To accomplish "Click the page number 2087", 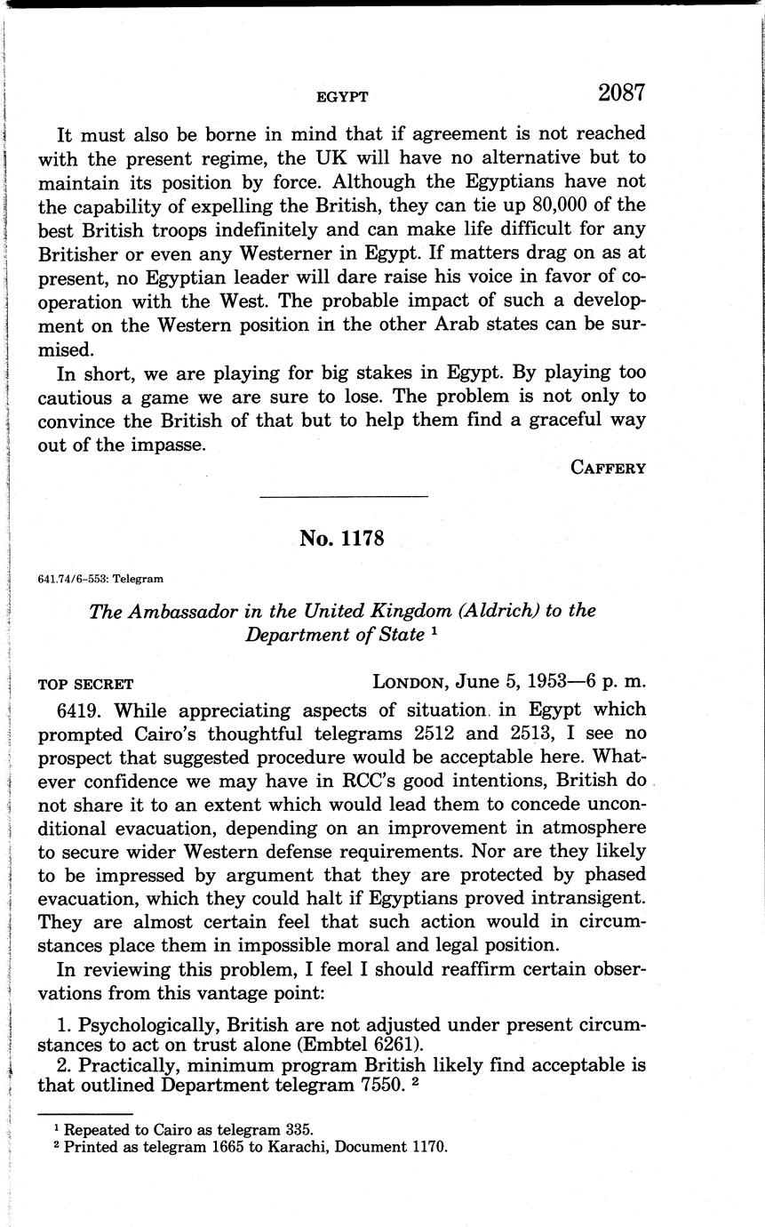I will [620, 92].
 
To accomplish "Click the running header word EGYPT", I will [342, 97].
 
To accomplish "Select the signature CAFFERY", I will [608, 468].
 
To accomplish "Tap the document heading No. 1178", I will [342, 538].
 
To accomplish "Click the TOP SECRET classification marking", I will [85, 685].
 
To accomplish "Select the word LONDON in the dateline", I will [410, 683].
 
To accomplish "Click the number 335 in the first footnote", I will [299, 1130].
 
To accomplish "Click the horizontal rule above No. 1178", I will [343, 496].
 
